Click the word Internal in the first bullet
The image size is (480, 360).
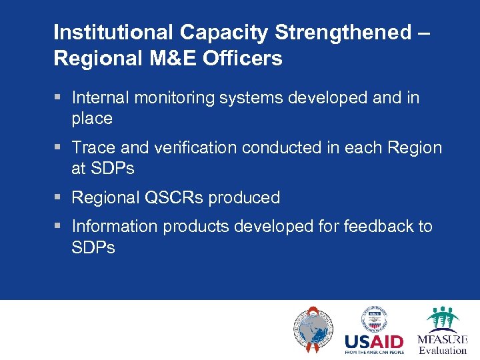pos(101,98)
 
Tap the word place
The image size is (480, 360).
pos(92,119)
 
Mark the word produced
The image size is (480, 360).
pos(244,198)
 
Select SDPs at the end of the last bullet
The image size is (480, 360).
pos(93,248)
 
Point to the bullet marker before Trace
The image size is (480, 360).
pos(58,147)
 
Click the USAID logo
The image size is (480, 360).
pos(373,331)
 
